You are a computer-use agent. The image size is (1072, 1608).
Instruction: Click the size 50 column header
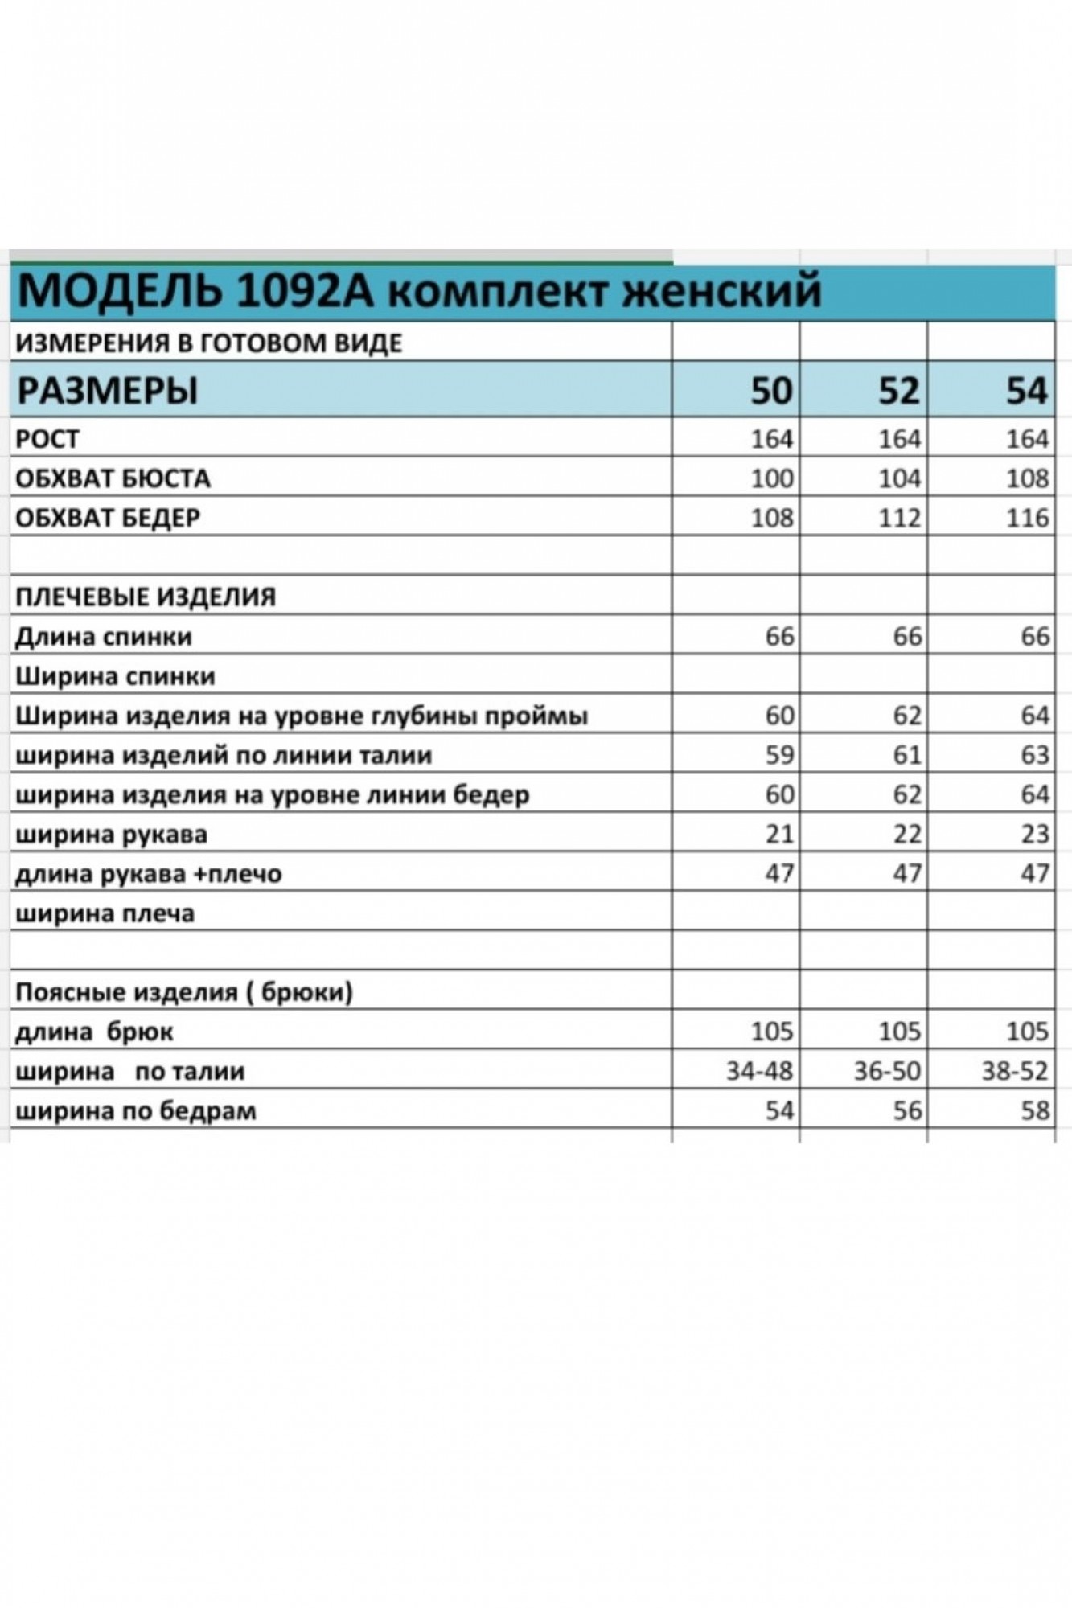(771, 391)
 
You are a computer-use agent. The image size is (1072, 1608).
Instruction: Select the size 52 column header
(898, 391)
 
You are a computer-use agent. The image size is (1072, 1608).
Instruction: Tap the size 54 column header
(1027, 391)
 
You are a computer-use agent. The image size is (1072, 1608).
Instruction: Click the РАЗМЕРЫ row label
(107, 392)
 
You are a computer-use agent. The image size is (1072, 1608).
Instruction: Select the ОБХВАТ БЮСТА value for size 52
(899, 478)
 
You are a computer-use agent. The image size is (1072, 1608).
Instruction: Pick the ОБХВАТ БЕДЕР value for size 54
(1027, 518)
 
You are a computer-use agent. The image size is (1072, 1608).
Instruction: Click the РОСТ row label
(47, 439)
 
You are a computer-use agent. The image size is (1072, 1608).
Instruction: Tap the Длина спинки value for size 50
(779, 637)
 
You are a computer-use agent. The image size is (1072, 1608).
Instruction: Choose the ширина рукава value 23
(1034, 834)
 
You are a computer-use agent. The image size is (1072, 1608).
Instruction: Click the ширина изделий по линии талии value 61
(906, 755)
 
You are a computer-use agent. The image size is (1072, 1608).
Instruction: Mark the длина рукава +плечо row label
(149, 874)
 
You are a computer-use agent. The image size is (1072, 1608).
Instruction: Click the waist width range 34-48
(759, 1071)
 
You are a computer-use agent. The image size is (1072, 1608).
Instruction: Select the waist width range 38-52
(1015, 1071)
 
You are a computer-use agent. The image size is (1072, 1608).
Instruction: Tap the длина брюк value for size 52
(899, 1032)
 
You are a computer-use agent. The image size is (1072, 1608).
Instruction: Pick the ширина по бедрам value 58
(1034, 1110)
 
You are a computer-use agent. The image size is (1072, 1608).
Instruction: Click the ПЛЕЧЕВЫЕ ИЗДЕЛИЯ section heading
(146, 597)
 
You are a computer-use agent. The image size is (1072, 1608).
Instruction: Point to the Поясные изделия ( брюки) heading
(184, 993)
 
